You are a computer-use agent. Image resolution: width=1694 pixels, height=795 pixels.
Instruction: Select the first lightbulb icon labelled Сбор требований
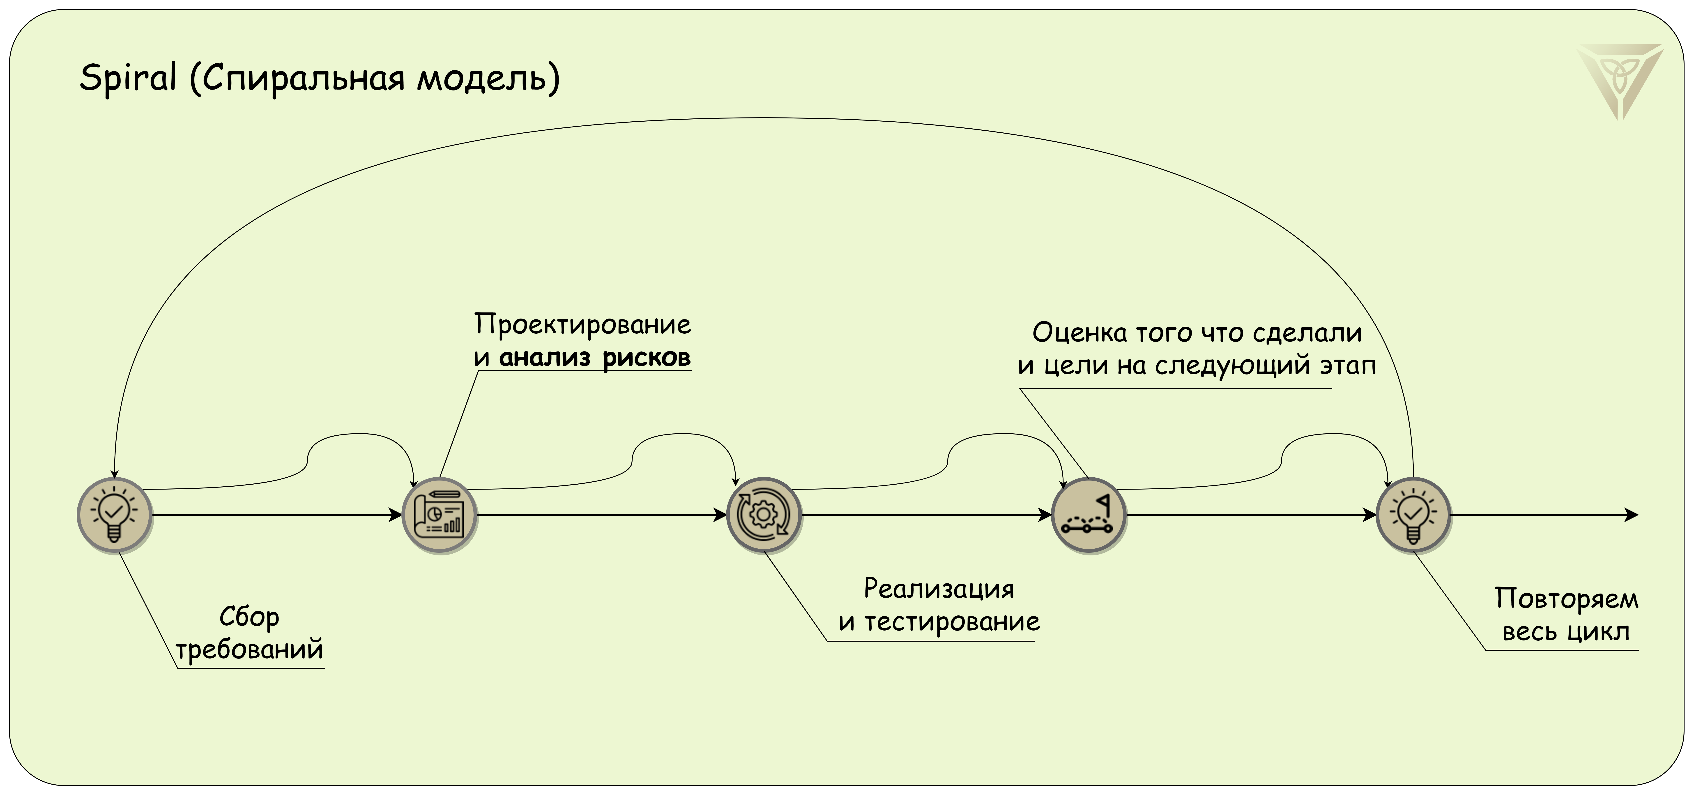tap(114, 515)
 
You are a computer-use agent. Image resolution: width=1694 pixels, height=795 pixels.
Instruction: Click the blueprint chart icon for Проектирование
tap(439, 515)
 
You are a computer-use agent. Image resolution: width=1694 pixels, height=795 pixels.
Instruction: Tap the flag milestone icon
tap(1088, 515)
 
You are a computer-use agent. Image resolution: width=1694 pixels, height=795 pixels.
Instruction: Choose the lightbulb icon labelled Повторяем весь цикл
tap(1413, 515)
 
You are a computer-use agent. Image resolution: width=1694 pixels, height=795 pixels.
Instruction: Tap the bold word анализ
tap(545, 357)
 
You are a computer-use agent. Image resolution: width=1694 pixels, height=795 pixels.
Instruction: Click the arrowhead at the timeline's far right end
tap(1633, 515)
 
